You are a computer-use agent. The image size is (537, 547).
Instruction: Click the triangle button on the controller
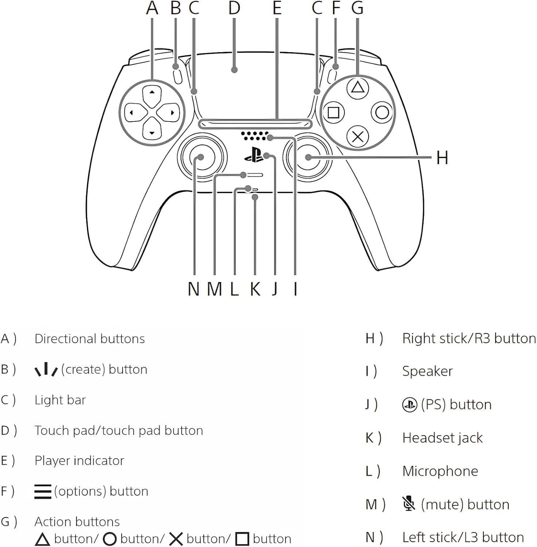tap(358, 88)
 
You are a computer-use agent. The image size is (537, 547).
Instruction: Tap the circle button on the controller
tap(382, 112)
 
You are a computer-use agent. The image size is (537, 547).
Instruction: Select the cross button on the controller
tap(358, 137)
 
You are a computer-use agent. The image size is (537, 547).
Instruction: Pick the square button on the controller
tap(333, 112)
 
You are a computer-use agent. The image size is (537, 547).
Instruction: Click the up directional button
tap(152, 93)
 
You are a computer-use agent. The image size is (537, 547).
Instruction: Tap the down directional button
tap(152, 132)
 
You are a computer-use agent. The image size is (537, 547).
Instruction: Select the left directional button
tap(132, 113)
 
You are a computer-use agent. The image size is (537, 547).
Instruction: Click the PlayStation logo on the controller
tap(254, 155)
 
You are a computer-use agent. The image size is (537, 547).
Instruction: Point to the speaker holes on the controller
tap(254, 136)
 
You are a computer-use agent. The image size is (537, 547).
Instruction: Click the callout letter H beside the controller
tap(442, 158)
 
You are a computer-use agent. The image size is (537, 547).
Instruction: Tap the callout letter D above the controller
tap(234, 8)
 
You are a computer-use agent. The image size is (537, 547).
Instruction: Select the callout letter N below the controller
tap(193, 290)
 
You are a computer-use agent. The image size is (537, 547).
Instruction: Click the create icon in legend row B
tap(46, 369)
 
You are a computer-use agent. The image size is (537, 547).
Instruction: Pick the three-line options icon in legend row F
tap(43, 491)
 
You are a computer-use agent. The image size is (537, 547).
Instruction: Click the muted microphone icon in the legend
tap(409, 504)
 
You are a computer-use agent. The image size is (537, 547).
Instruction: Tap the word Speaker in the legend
tap(427, 371)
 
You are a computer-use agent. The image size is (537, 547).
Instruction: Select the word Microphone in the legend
tap(440, 471)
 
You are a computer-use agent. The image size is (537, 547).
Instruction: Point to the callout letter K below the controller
tap(255, 290)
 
